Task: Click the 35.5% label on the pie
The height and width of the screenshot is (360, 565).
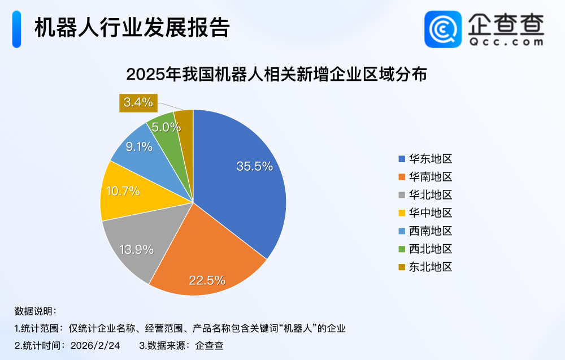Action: [255, 166]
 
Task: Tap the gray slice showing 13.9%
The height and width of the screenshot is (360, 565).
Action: [136, 249]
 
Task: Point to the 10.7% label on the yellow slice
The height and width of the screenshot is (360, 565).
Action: [123, 191]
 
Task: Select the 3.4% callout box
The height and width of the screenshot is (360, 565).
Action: [138, 102]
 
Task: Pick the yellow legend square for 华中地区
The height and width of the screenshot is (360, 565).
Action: [402, 213]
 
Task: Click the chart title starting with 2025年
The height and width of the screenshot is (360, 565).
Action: [276, 75]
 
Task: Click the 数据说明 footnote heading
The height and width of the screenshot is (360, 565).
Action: [35, 311]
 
